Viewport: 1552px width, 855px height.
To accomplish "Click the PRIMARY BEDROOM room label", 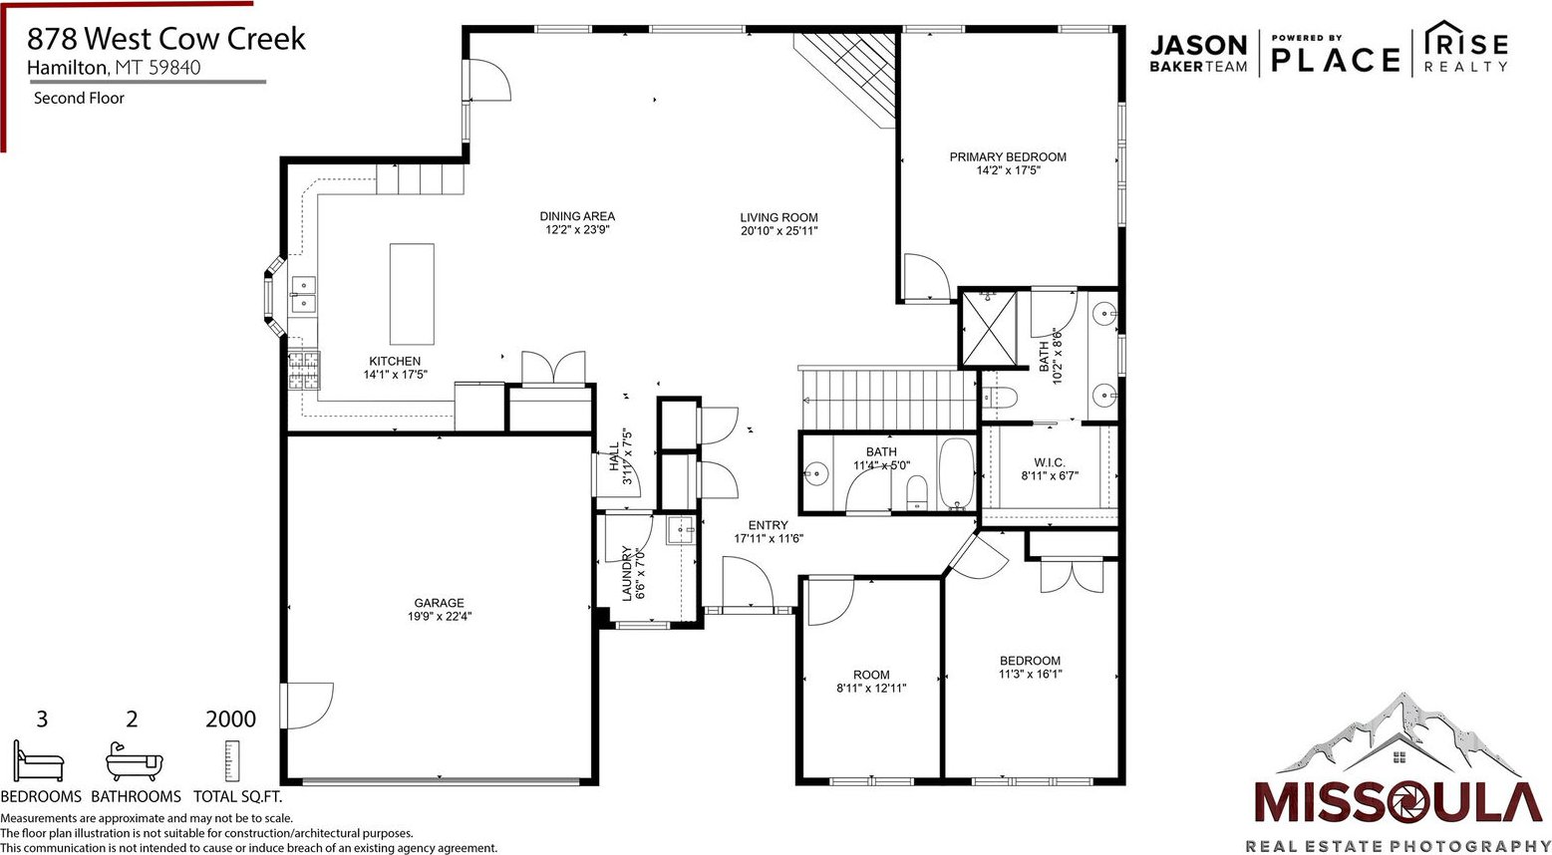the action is coord(1008,157).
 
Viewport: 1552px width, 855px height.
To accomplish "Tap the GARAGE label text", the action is coord(440,603).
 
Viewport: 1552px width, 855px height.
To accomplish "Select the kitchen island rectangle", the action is coord(412,294).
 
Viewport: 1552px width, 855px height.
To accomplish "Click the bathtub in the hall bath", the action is coord(956,474).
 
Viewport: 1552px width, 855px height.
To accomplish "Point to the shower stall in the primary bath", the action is coord(989,329).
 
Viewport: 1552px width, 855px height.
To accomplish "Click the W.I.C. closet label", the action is coord(1050,462).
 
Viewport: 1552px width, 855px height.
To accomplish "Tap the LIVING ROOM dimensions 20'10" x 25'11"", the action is coord(779,231).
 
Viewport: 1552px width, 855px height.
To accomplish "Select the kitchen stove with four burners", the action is coord(304,370).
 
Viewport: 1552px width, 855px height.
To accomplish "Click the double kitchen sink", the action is coord(303,295).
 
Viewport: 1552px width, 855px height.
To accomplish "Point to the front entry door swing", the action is coord(748,582).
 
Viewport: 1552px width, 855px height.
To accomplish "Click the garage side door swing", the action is coord(308,706).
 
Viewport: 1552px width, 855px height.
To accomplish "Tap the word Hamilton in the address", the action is coord(67,67).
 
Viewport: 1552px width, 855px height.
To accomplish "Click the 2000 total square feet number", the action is coord(230,719).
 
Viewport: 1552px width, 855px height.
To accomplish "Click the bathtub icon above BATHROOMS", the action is coord(135,761).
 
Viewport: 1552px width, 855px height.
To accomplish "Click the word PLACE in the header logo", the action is coord(1336,60).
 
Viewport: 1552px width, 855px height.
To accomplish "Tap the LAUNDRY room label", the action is coord(627,573).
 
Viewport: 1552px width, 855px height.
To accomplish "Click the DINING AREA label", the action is coord(577,216).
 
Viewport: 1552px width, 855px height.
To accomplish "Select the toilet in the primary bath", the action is coord(1000,397).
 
